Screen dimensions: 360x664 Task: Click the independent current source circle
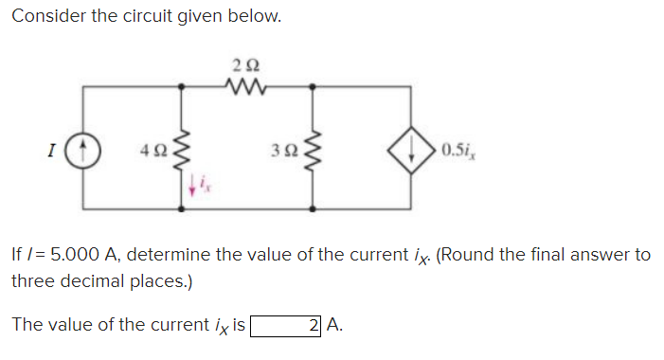[83, 149]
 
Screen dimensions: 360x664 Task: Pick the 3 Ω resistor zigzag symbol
[313, 149]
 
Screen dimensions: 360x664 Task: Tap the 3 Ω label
[280, 149]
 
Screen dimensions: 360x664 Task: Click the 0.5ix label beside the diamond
[459, 149]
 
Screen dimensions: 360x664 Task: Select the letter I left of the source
[45, 149]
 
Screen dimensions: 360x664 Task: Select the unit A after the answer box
[337, 326]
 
